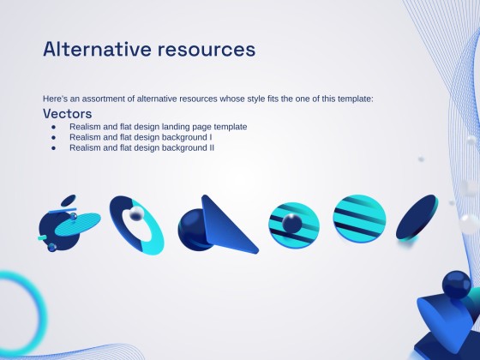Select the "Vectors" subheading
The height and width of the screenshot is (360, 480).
pos(67,113)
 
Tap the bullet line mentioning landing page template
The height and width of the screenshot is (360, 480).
pos(158,127)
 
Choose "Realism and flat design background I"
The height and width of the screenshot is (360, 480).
pos(141,137)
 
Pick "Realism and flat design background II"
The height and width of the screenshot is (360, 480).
pos(141,147)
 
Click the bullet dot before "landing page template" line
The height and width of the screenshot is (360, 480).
pos(52,127)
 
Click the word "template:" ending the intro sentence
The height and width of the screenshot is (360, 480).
pos(356,99)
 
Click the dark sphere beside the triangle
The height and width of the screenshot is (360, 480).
pos(191,229)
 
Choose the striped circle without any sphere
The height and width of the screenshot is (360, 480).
pos(359,219)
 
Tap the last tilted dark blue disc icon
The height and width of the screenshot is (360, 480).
pos(417,219)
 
